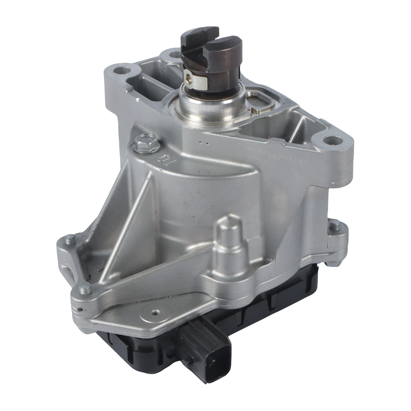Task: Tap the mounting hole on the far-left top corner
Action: tap(120, 70)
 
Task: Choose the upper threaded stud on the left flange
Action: tap(70, 240)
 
